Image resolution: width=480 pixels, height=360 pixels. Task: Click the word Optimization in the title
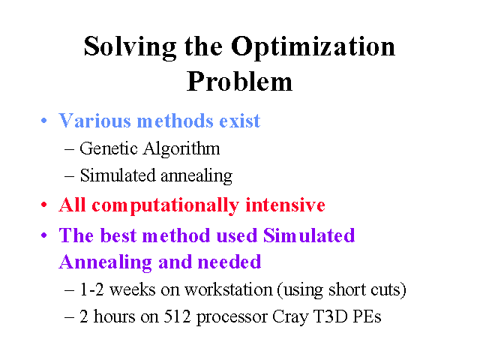[x=313, y=47]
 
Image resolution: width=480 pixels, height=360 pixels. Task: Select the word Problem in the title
[x=239, y=82]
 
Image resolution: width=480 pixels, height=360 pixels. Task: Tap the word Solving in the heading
[x=130, y=47]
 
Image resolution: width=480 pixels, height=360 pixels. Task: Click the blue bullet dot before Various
[x=44, y=120]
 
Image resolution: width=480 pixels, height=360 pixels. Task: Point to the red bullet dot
[x=44, y=205]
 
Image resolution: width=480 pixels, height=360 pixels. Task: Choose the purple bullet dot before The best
[x=44, y=235]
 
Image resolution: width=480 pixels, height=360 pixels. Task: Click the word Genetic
[x=109, y=148]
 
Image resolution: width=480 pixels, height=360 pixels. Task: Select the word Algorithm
[x=181, y=149]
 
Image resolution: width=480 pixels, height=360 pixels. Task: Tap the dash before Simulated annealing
[x=69, y=176]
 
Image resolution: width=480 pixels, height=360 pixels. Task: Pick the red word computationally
[x=165, y=205]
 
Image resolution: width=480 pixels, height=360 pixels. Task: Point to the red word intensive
[x=285, y=205]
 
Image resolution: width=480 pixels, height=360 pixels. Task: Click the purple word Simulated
[x=309, y=235]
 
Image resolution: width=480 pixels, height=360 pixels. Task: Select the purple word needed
[x=229, y=262]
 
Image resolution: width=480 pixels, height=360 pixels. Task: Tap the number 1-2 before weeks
[x=91, y=289]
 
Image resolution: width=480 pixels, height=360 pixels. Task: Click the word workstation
[x=229, y=289]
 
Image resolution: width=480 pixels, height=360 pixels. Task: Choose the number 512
[x=177, y=316]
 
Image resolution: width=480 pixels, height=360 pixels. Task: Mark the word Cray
[x=290, y=317]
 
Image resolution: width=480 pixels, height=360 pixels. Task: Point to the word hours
[x=114, y=316]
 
